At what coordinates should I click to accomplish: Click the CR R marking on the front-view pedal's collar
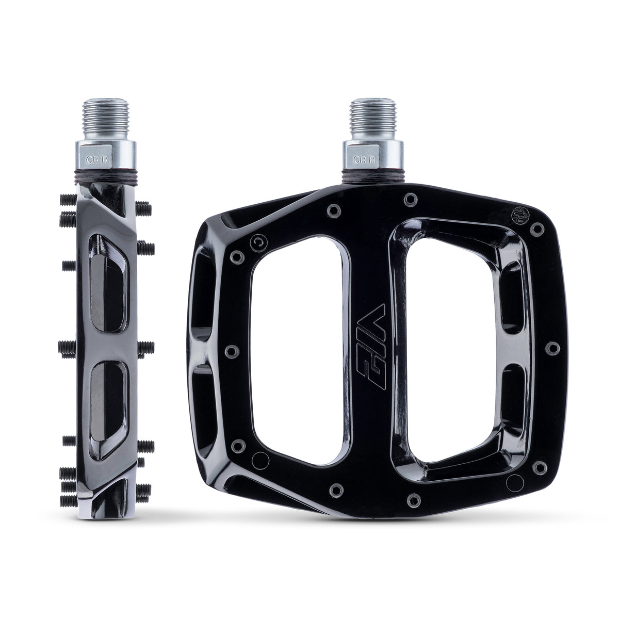click(x=360, y=159)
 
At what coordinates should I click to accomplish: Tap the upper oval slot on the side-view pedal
click(x=107, y=285)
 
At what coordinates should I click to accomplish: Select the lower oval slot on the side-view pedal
click(x=107, y=408)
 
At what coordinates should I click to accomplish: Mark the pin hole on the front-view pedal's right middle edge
click(x=552, y=348)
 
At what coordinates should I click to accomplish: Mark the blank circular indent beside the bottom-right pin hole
click(x=514, y=483)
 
